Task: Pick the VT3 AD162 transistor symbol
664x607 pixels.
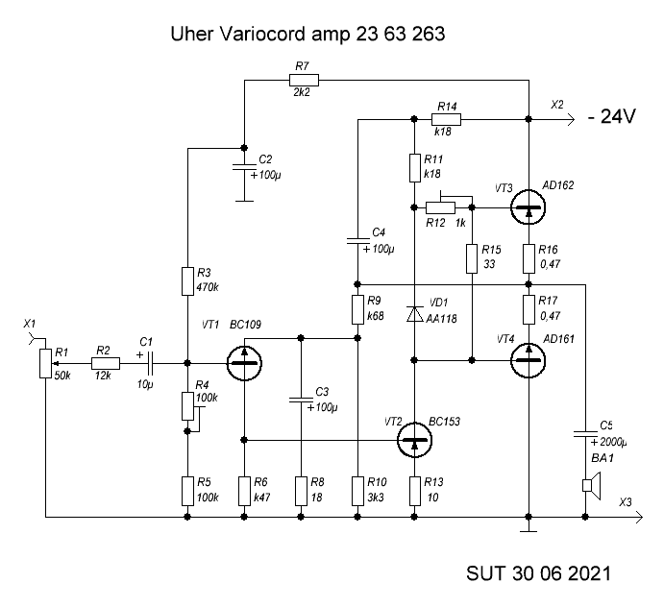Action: click(528, 206)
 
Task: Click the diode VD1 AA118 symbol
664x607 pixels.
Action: click(414, 313)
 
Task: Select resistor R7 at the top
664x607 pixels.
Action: click(303, 80)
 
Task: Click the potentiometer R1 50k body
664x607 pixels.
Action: click(44, 363)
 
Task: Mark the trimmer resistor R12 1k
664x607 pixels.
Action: click(443, 206)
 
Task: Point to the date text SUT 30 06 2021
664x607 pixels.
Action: click(537, 573)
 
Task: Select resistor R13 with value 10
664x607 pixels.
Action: click(414, 491)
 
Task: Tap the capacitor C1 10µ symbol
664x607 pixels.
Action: click(150, 363)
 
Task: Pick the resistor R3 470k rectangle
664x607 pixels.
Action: click(186, 281)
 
